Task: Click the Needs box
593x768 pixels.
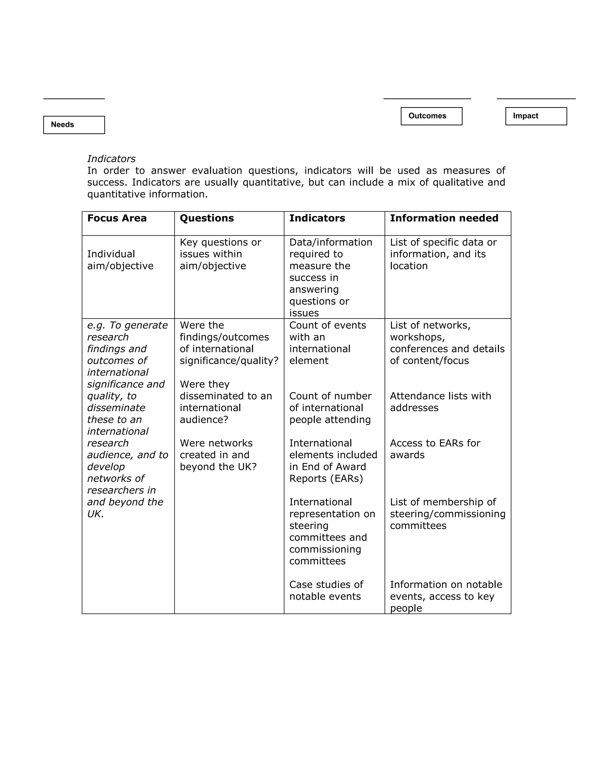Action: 74,125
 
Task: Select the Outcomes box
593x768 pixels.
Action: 431,116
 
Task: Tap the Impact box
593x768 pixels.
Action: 536,116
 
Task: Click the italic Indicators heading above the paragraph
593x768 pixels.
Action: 111,159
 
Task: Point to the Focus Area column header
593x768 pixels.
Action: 117,219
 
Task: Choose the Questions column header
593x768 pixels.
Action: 206,219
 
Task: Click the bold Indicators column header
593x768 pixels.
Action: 317,219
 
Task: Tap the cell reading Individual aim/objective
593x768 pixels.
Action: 120,260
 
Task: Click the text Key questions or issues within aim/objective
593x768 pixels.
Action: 220,254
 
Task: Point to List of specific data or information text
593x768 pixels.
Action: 443,254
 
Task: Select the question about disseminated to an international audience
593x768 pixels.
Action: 226,402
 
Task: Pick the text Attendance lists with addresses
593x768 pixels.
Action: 440,402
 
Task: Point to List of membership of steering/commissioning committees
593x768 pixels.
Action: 447,514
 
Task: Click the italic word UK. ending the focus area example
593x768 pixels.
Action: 95,514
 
